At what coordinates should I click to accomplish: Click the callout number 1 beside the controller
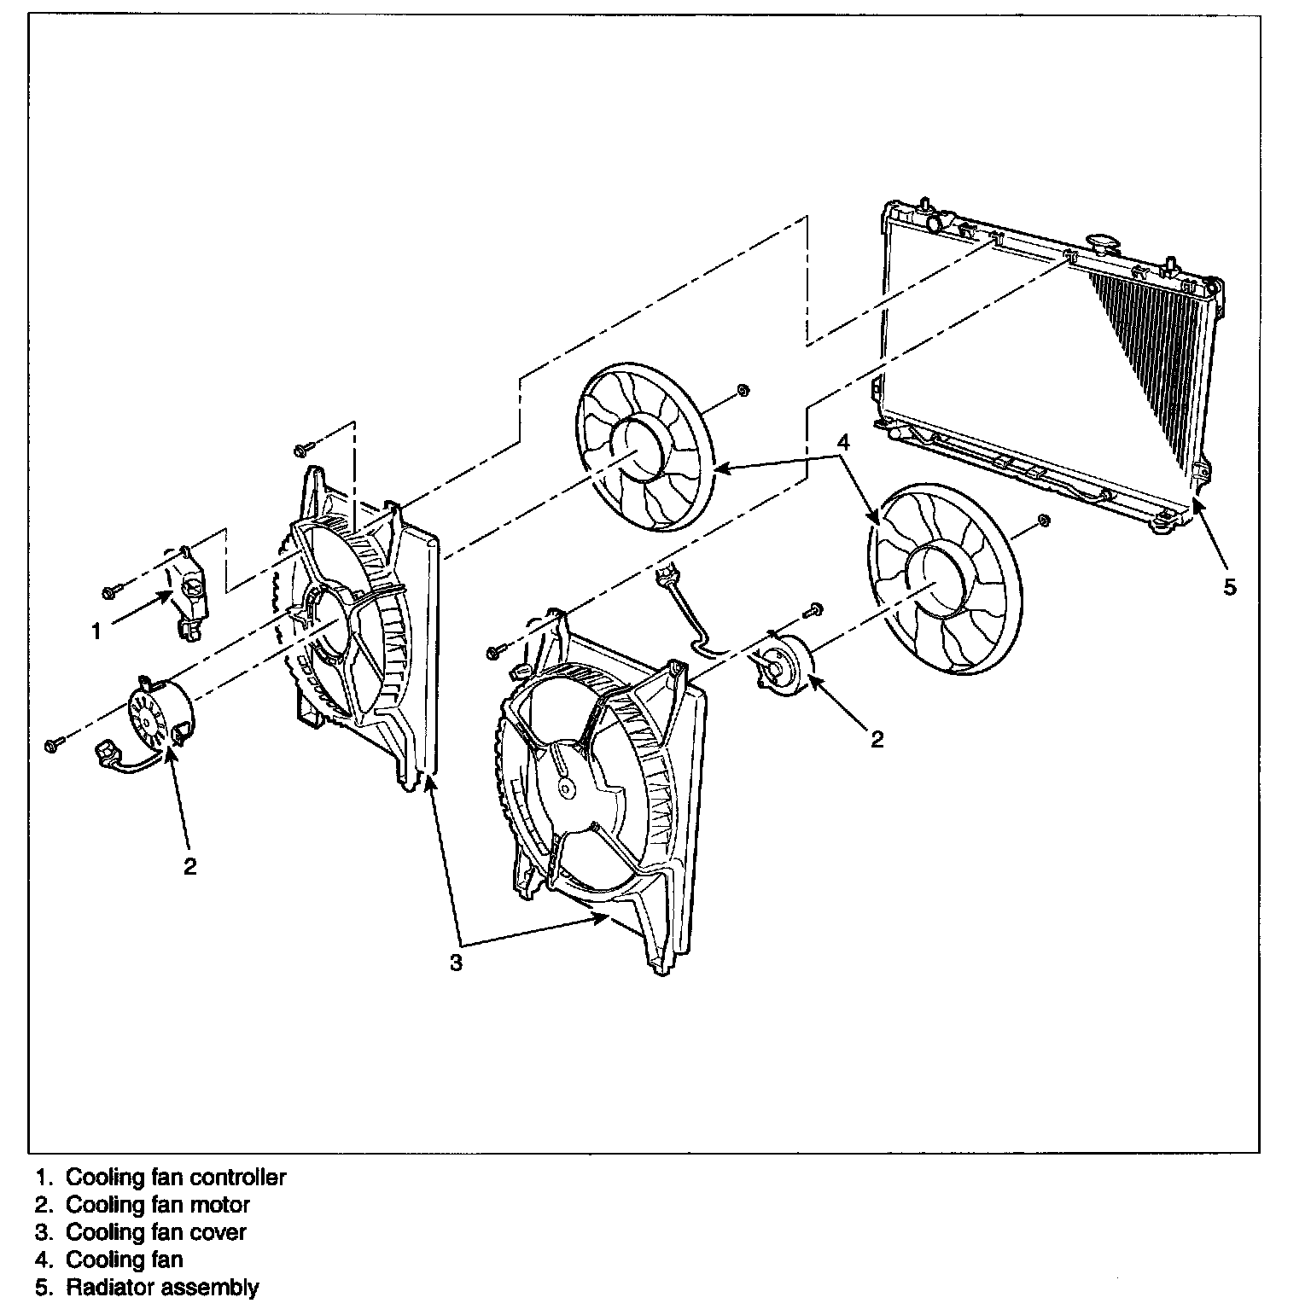[96, 631]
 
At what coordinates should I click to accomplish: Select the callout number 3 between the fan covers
[457, 962]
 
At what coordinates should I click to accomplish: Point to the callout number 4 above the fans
[842, 442]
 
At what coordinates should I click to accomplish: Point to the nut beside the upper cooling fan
[742, 391]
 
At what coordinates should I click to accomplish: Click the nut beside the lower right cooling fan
[1041, 521]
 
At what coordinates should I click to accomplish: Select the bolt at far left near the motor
[51, 746]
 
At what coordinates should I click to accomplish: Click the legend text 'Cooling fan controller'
[176, 1178]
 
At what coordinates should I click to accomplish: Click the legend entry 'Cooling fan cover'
[156, 1232]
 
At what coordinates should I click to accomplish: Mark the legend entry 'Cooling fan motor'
[158, 1205]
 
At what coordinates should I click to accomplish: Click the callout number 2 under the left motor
[189, 866]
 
